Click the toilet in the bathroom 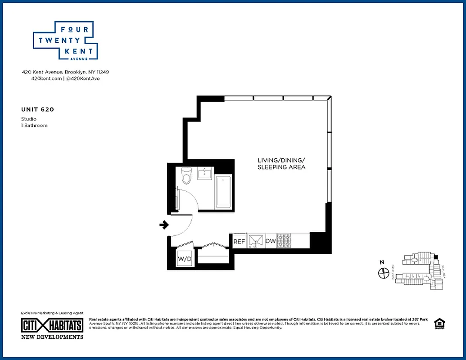click(186, 176)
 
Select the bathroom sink click(207, 174)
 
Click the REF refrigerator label click(239, 242)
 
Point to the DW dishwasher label click(270, 242)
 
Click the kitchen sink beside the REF click(256, 241)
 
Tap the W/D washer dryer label click(184, 259)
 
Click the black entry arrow click(164, 225)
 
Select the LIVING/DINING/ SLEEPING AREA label click(281, 164)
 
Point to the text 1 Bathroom click(34, 126)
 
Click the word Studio click(29, 119)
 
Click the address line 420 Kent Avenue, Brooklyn click(66, 72)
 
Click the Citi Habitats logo click(52, 325)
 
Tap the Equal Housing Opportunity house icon click(438, 323)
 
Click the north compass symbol click(384, 272)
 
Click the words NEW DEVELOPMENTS click(52, 337)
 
